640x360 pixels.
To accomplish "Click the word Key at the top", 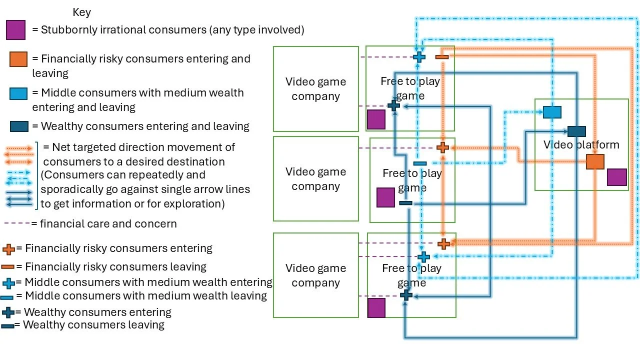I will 81,12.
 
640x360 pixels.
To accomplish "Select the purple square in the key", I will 15,30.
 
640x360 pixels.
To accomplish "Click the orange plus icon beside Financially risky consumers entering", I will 8,249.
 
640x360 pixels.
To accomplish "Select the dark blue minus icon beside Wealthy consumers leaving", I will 7,326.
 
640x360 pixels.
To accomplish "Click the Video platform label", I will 581,145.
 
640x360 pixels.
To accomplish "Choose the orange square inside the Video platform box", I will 595,162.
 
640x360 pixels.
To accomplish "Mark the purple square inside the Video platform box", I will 617,177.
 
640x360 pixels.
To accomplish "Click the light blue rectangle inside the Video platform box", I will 552,112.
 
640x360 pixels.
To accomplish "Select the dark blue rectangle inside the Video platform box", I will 576,131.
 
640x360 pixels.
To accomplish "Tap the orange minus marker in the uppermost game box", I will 442,57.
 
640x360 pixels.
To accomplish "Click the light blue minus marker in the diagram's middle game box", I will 420,163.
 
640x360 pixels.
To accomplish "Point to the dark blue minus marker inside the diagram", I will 405,203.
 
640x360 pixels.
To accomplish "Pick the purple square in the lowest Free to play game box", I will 376,308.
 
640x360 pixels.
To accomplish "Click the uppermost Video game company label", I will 315,89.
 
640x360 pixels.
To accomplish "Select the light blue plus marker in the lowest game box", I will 423,257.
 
